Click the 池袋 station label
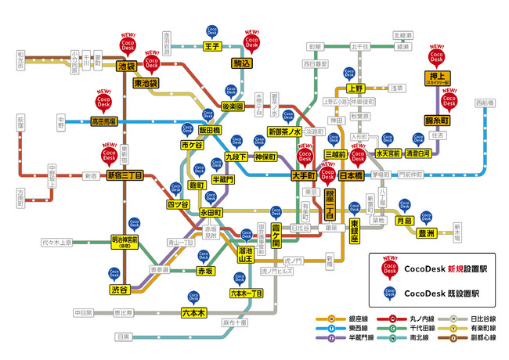(x=126, y=67)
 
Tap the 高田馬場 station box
(x=103, y=122)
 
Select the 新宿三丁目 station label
(x=125, y=176)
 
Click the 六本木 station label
(x=193, y=312)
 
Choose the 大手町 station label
(x=303, y=176)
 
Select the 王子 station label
(x=211, y=47)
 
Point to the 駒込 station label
(x=252, y=63)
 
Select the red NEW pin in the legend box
(x=389, y=267)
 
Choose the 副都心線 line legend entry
(x=474, y=340)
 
